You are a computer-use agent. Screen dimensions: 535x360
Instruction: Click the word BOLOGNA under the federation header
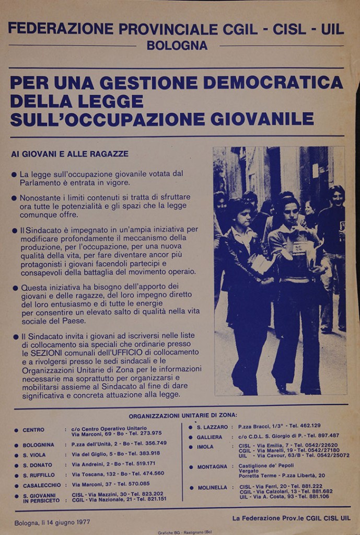click(177, 45)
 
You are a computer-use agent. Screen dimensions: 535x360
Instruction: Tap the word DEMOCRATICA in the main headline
click(273, 83)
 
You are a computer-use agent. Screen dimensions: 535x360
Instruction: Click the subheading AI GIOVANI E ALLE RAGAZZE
click(69, 154)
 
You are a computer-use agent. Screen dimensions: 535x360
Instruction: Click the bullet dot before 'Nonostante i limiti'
click(15, 199)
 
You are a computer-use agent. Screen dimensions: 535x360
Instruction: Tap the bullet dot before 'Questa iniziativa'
click(15, 288)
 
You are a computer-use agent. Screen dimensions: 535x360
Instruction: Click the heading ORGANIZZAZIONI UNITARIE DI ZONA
click(183, 415)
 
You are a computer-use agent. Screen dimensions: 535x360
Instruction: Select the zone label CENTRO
click(33, 430)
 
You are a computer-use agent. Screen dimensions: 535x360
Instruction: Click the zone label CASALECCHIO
click(41, 485)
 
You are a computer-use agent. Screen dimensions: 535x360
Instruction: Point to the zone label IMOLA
click(205, 447)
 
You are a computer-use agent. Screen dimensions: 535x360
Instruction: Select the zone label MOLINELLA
click(212, 487)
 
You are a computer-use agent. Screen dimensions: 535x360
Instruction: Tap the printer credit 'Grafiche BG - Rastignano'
click(180, 532)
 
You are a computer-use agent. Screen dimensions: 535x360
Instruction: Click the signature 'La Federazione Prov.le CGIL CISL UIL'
click(291, 518)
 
